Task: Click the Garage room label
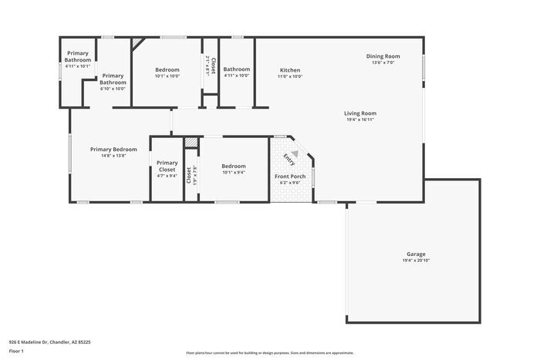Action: (x=416, y=254)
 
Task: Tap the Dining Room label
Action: (x=383, y=56)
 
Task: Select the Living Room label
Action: (x=360, y=113)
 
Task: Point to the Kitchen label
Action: (x=290, y=70)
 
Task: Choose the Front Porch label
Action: (x=290, y=177)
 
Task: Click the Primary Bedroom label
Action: (x=113, y=149)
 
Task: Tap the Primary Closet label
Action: (x=167, y=166)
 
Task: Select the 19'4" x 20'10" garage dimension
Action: (x=416, y=261)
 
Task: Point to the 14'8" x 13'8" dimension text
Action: (x=113, y=156)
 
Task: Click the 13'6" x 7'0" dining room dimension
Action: (x=383, y=62)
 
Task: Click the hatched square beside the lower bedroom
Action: (x=191, y=143)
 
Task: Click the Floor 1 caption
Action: (x=16, y=351)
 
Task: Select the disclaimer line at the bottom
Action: (x=269, y=352)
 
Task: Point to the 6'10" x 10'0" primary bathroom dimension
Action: (x=113, y=89)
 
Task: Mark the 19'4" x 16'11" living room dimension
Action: (x=360, y=120)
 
